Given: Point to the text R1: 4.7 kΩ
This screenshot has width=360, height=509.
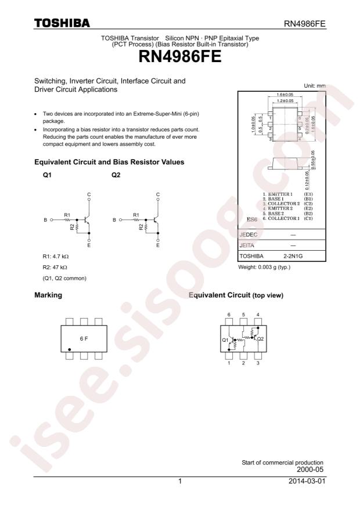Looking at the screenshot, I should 51,257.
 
